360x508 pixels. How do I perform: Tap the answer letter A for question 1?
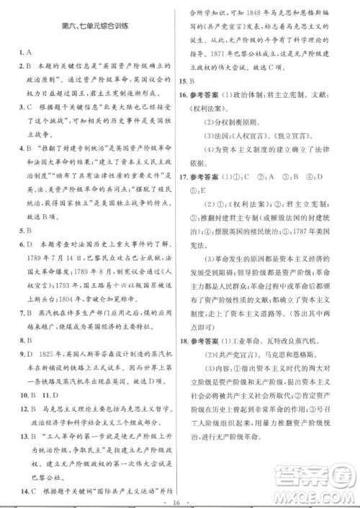pyautogui.click(x=25, y=53)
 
